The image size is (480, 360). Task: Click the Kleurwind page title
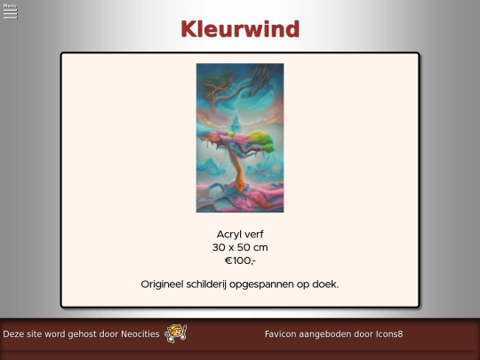pos(240,29)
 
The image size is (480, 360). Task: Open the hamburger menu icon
pos(10,14)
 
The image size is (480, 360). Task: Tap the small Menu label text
pos(10,5)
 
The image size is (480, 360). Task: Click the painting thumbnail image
pos(240,138)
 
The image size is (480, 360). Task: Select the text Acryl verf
pos(240,234)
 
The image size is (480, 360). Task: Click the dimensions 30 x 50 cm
pos(240,247)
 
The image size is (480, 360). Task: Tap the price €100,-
pos(240,260)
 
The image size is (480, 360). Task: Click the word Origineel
pos(166,284)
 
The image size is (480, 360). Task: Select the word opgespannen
pos(276,284)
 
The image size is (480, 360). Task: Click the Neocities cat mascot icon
pos(175,333)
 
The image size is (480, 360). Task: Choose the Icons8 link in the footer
pos(388,334)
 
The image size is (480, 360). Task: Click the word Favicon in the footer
pos(282,334)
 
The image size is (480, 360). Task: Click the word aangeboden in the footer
pos(328,334)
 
